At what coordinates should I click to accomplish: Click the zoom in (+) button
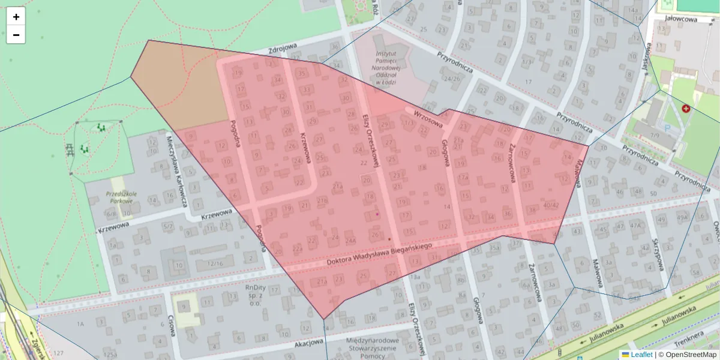point(16,17)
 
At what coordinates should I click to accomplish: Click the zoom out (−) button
point(16,35)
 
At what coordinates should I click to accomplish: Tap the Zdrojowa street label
point(284,50)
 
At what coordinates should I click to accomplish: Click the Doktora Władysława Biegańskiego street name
point(380,255)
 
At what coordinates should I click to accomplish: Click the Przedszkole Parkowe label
point(122,198)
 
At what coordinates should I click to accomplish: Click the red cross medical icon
point(685,109)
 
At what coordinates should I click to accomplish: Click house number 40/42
point(550,205)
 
